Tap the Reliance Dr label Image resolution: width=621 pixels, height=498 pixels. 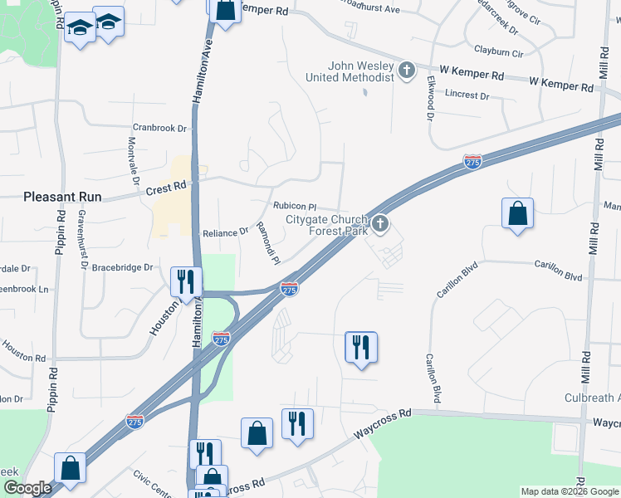click(x=226, y=232)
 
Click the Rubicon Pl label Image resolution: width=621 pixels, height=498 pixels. click(x=295, y=206)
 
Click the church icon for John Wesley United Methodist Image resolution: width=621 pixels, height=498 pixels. click(x=407, y=70)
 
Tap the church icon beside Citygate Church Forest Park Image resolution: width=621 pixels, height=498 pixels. click(x=380, y=222)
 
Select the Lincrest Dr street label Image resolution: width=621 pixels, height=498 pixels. click(x=467, y=95)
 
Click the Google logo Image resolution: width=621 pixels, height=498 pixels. click(x=27, y=488)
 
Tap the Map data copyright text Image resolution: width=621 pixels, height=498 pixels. click(x=570, y=491)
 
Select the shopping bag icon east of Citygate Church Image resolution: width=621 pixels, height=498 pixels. click(x=517, y=214)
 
